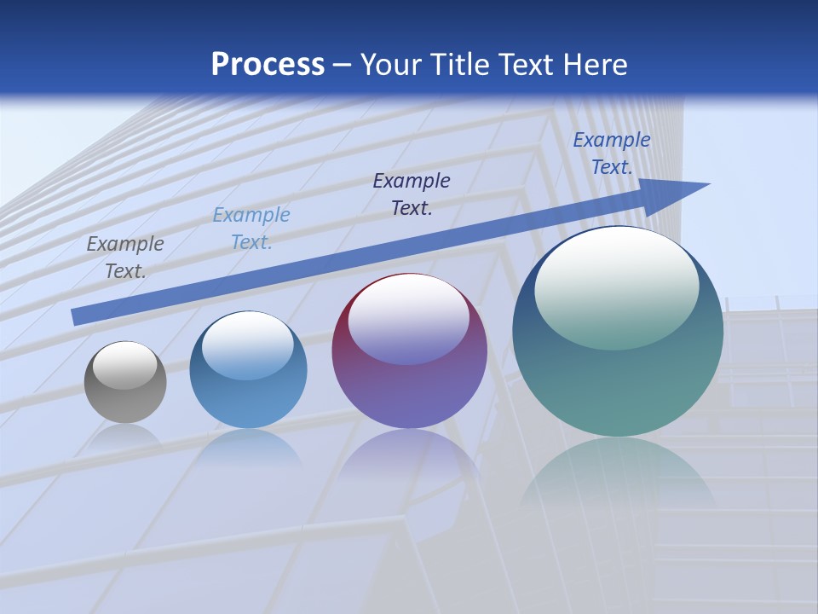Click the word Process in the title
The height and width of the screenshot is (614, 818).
click(268, 65)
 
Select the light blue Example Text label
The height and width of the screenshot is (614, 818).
click(251, 229)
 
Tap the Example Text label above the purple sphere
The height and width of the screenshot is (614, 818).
click(412, 194)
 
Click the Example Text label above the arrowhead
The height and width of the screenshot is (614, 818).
click(611, 153)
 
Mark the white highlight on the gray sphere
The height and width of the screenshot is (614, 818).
click(125, 365)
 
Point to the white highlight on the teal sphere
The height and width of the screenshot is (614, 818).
click(617, 288)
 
